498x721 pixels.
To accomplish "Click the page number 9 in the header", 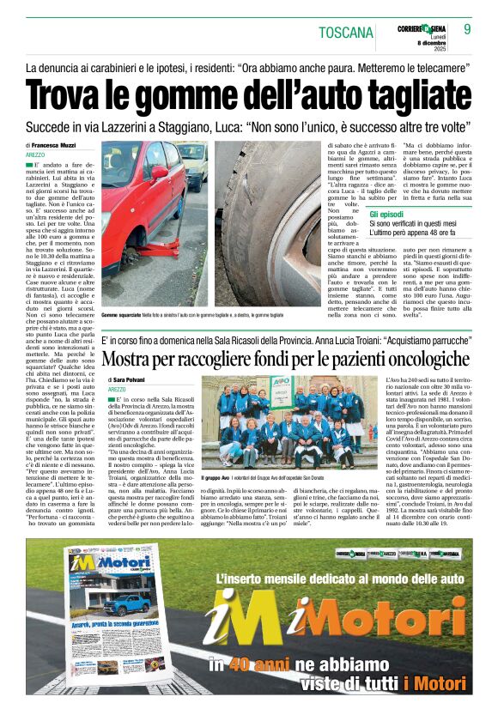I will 468,29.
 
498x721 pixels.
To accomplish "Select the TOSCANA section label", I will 345,33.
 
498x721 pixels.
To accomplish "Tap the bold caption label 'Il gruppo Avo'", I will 219,477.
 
